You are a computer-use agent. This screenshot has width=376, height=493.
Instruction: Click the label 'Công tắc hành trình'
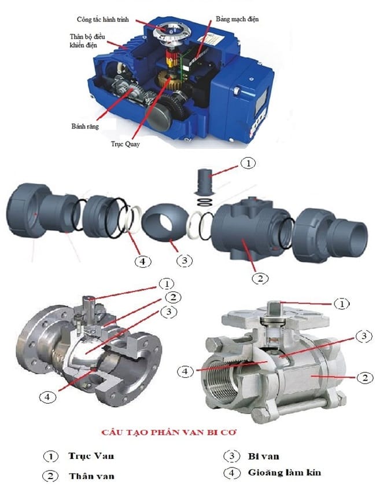(x=102, y=20)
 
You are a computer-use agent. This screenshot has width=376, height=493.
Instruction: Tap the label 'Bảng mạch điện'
(x=237, y=19)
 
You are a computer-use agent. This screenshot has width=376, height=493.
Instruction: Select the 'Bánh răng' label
(x=85, y=126)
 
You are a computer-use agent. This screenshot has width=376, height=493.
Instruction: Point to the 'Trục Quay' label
(x=125, y=144)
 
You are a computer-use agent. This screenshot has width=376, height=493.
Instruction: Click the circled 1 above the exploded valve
(x=248, y=163)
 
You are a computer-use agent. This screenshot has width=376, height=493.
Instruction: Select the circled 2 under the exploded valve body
(x=260, y=278)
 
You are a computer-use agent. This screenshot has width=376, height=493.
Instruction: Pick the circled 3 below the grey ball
(x=184, y=260)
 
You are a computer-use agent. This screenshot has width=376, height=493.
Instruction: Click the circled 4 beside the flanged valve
(x=47, y=397)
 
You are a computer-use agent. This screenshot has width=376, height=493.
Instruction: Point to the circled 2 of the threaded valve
(x=365, y=377)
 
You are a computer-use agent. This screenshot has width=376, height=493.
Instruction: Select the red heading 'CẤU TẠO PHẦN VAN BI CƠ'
(x=169, y=432)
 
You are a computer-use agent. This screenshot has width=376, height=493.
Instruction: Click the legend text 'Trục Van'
(x=91, y=456)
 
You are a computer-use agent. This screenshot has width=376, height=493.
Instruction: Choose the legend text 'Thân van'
(x=91, y=476)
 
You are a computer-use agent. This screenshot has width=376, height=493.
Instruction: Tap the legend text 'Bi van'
(x=263, y=456)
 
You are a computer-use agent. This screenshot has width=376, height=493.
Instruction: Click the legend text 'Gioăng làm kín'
(x=285, y=473)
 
